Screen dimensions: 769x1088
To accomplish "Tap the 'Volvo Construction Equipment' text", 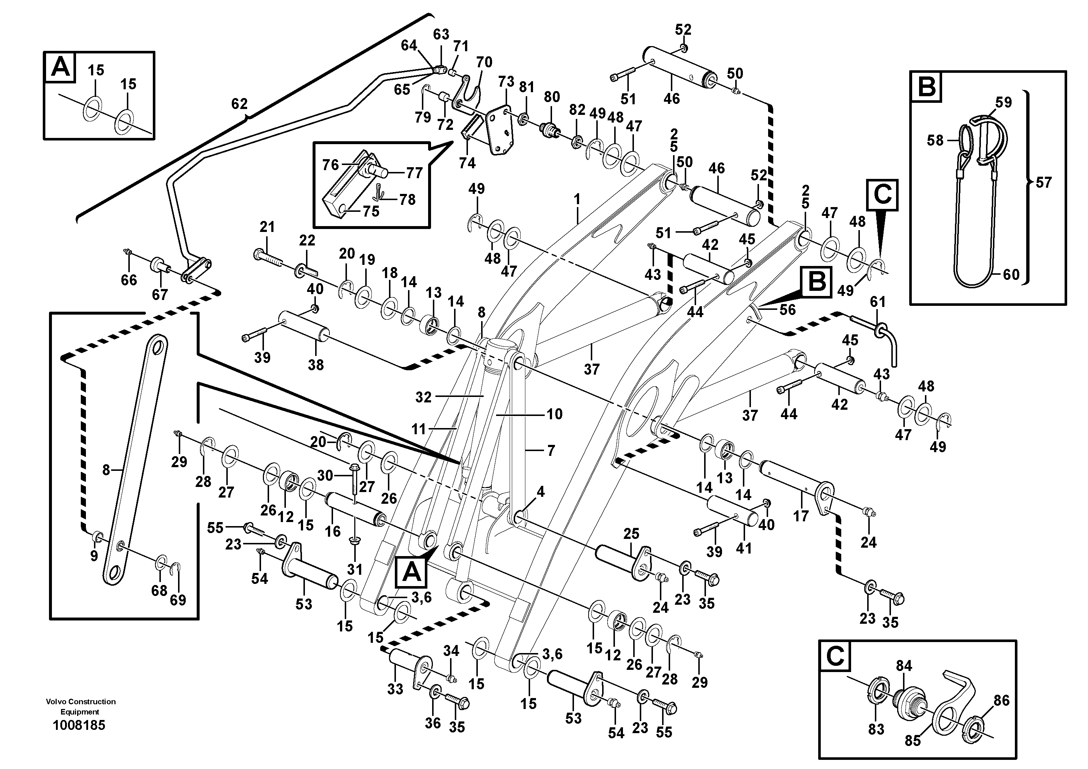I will [x=80, y=706].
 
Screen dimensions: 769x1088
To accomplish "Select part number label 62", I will [x=239, y=104].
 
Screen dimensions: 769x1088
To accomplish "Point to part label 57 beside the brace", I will [x=1043, y=183].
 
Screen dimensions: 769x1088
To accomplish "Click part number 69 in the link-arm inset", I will [x=178, y=600].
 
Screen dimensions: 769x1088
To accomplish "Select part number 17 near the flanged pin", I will [x=801, y=516].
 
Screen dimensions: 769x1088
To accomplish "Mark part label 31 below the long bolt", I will [x=355, y=569].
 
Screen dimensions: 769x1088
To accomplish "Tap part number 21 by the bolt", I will [x=267, y=227].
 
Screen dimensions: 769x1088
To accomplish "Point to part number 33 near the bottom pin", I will [x=395, y=689].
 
